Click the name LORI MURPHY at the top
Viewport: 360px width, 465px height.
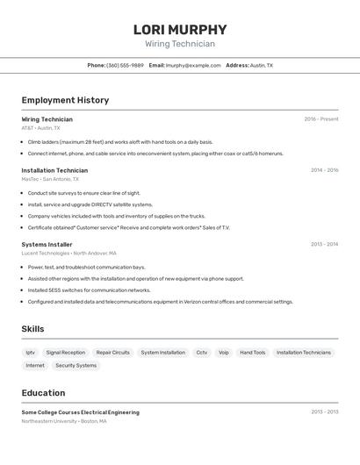[x=180, y=29]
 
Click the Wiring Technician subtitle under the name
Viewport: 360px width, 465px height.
[x=180, y=44]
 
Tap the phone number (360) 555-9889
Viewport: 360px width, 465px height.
[x=125, y=65]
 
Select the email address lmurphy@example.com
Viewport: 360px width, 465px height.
[x=193, y=65]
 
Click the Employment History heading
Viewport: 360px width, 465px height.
[x=65, y=100]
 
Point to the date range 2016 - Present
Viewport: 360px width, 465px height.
[x=321, y=119]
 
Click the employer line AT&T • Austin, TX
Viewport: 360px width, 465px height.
[x=40, y=128]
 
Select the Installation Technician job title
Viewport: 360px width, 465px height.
[x=54, y=170]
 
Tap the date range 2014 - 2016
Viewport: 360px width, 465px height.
[x=324, y=170]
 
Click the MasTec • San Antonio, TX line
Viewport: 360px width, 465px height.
[x=50, y=179]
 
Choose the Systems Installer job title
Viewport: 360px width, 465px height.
[x=47, y=245]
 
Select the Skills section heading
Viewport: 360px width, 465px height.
[x=32, y=329]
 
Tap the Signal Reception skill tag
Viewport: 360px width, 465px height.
[x=66, y=353]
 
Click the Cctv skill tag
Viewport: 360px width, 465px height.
[x=202, y=353]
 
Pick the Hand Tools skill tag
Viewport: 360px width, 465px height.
[x=253, y=353]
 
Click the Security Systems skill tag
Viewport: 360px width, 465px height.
[x=76, y=366]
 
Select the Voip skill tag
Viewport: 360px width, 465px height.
[x=224, y=353]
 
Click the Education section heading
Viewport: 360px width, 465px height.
[x=43, y=393]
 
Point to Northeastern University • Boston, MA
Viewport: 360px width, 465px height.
[x=64, y=421]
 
